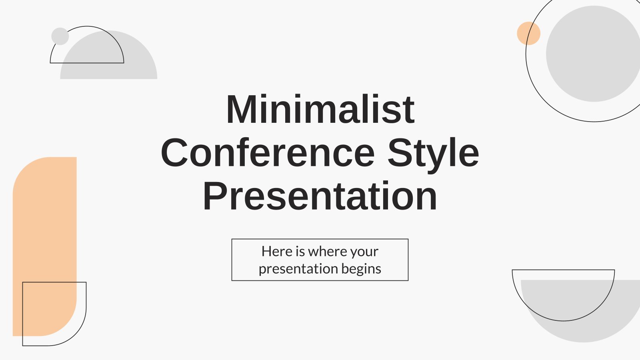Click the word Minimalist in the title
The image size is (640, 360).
pos(320,109)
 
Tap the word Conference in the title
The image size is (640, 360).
pos(268,153)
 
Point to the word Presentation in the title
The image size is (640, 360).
pos(320,196)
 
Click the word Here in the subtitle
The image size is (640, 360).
pos(277,252)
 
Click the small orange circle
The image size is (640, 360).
pos(528,33)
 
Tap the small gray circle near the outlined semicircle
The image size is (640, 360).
pos(60,36)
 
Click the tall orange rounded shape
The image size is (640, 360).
pos(44,246)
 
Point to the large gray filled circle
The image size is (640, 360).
pos(594,54)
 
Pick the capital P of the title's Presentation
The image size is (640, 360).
pos(216,196)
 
